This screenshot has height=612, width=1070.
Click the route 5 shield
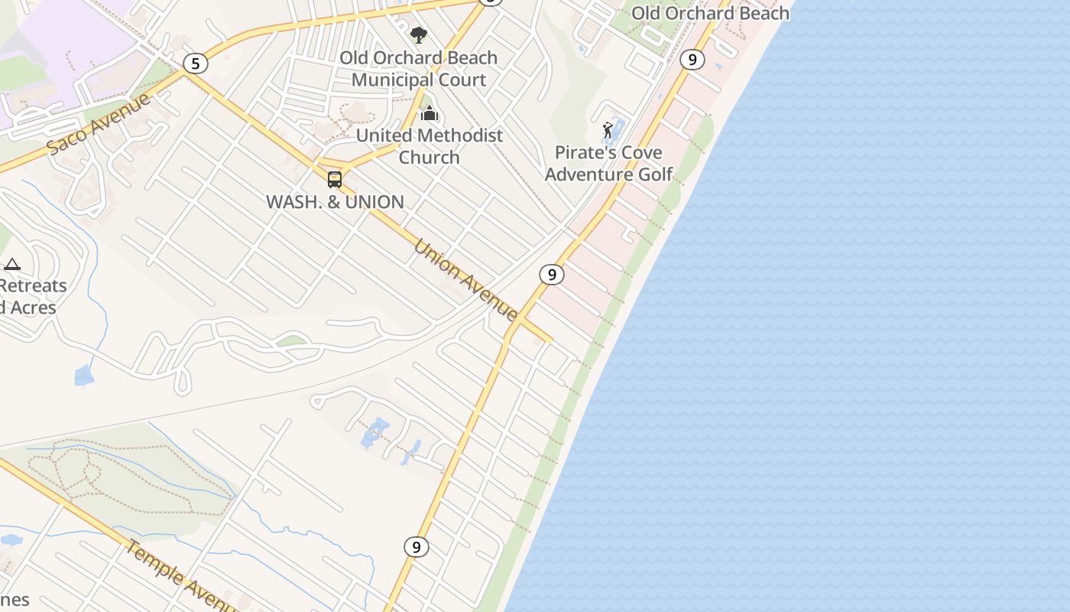[196, 63]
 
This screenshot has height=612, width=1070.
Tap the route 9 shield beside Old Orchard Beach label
[692, 59]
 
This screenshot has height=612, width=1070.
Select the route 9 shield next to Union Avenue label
[551, 274]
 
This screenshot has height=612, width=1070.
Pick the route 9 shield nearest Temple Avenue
[416, 547]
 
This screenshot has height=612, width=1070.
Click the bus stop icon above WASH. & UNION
[335, 180]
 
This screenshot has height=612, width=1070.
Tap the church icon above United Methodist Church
[430, 114]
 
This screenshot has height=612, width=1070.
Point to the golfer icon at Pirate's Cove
[608, 130]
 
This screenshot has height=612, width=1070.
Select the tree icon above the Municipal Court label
[418, 34]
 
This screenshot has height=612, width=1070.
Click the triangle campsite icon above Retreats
[11, 265]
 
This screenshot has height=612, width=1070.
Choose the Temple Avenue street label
[180, 575]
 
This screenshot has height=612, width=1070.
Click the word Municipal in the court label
[389, 80]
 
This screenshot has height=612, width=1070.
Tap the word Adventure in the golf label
[587, 174]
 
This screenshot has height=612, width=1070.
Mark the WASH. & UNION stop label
[335, 202]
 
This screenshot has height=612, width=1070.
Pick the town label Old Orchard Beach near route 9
[710, 13]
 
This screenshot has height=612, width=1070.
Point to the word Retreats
[34, 286]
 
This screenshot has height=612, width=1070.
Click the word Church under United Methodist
[429, 158]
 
